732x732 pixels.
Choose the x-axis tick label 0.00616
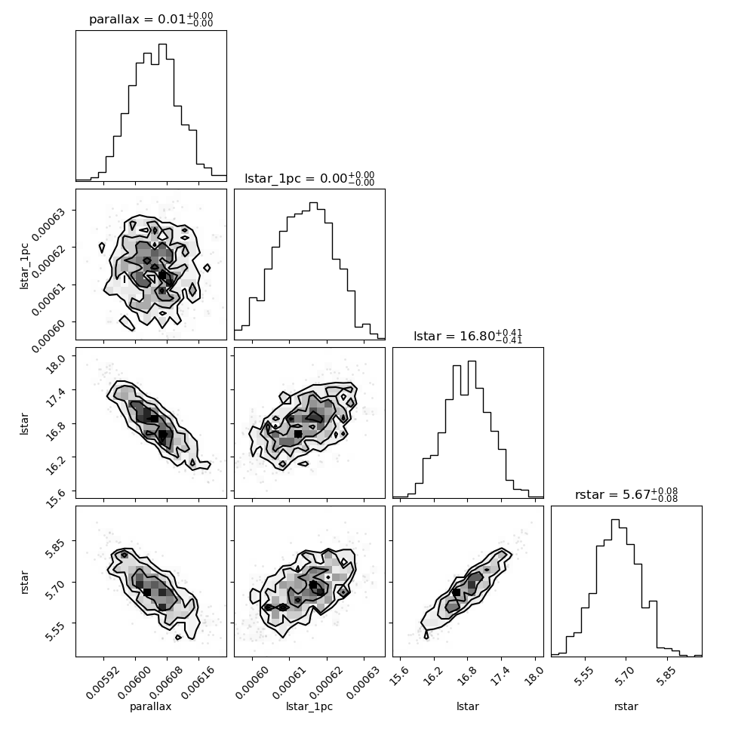click(198, 682)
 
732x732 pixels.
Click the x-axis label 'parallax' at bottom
click(150, 707)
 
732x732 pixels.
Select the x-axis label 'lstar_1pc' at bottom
click(309, 707)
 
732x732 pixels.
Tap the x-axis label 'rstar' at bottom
click(626, 706)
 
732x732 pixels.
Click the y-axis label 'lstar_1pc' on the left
click(24, 266)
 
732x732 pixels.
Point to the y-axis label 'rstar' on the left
click(25, 582)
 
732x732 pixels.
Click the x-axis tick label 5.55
click(584, 675)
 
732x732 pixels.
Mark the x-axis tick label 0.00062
click(326, 682)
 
